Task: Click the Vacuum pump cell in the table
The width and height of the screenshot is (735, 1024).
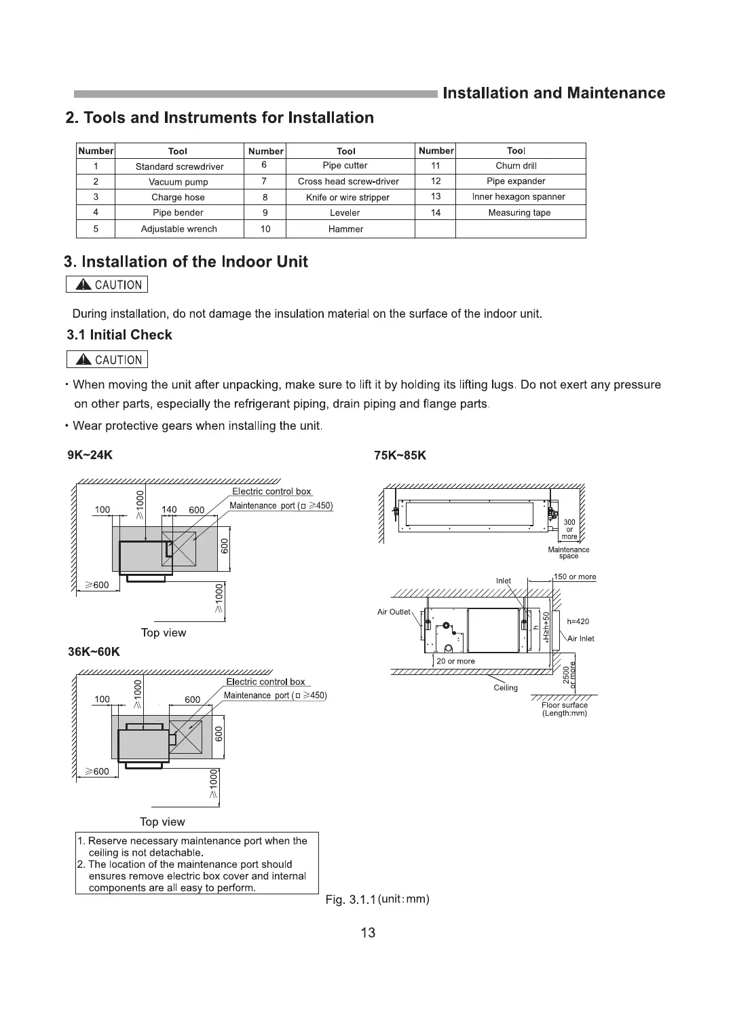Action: (x=178, y=182)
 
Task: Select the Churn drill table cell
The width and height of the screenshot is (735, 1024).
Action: (x=516, y=166)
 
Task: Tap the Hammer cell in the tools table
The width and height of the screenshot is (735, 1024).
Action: (x=345, y=229)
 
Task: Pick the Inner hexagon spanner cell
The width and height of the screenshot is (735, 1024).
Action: (x=519, y=197)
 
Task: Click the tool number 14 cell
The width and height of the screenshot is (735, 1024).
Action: (x=436, y=213)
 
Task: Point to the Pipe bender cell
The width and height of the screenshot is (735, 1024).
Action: (x=178, y=213)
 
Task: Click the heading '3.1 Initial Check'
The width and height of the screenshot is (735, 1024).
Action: (x=119, y=335)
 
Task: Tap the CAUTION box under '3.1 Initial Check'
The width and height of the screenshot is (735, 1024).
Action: (x=107, y=360)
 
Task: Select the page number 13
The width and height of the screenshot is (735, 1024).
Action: (x=368, y=932)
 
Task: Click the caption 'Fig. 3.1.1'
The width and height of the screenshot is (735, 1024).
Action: (x=350, y=900)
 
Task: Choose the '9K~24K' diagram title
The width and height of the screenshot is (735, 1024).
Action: (x=90, y=455)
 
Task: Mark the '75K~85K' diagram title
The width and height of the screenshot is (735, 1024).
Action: (x=400, y=455)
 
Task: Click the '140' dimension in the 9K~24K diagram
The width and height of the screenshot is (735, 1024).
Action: (x=169, y=510)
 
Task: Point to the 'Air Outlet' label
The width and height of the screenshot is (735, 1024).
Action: (x=394, y=612)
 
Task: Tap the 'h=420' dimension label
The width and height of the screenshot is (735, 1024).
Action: (x=578, y=621)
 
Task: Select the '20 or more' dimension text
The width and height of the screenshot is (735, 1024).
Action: (x=456, y=661)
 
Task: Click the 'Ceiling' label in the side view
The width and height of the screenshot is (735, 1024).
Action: (x=506, y=687)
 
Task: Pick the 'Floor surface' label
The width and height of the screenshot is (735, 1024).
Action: (x=565, y=705)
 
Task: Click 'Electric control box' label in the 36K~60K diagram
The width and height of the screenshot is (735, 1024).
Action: (x=265, y=682)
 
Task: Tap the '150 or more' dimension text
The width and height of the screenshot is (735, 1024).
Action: (x=575, y=577)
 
